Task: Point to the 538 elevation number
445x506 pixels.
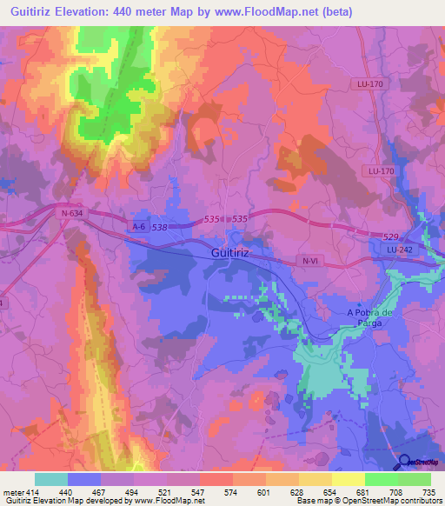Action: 159,228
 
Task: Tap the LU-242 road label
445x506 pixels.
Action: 399,250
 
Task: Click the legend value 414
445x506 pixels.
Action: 32,491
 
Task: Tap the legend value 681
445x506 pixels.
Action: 347,491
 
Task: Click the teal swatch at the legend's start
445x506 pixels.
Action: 51,479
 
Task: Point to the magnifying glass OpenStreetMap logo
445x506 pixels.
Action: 403,464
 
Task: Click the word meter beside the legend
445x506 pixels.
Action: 12,491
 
